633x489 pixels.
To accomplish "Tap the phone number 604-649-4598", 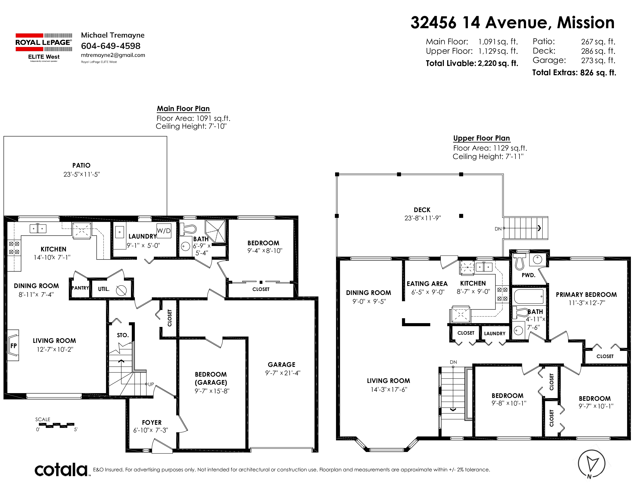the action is (111, 46).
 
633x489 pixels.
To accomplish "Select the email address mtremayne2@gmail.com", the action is (113, 55).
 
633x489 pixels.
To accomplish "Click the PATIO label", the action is (82, 165).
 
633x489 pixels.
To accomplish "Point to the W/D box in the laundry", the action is (164, 231).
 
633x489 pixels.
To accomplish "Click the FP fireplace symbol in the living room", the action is (13, 345).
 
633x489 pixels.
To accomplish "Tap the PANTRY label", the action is (80, 288).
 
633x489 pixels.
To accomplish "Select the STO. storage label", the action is (123, 335).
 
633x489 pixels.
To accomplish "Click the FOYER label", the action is (152, 423).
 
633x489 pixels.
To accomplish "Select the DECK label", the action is (422, 210).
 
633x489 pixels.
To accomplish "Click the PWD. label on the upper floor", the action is (528, 275).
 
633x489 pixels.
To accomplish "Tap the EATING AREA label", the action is (427, 284).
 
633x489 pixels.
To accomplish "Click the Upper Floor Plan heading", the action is (481, 138).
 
